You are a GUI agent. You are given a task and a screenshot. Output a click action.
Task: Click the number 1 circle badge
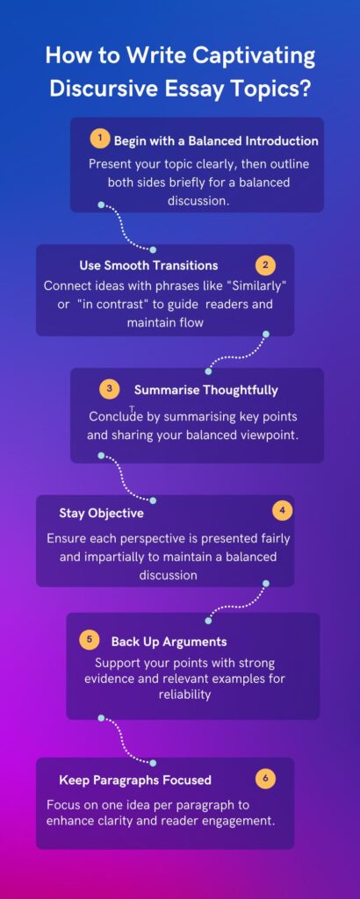click(101, 139)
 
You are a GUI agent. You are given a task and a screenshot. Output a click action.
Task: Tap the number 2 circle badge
click(264, 264)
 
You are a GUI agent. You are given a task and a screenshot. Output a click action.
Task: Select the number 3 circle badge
click(109, 389)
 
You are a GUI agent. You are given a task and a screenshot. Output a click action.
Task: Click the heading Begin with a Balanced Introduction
click(216, 140)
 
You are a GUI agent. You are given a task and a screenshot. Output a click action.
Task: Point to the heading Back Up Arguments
click(169, 642)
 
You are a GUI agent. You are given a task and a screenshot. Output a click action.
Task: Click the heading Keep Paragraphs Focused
click(135, 780)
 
